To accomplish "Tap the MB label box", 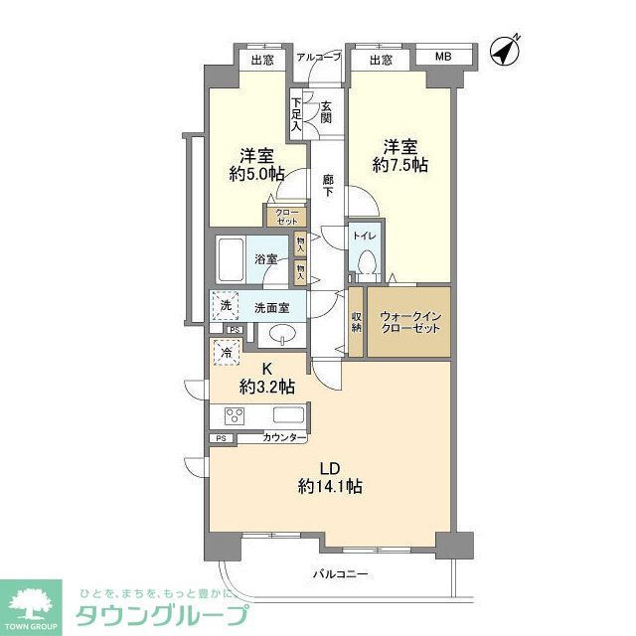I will (x=441, y=59).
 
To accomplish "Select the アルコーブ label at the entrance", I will (x=319, y=58).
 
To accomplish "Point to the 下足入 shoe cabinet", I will (x=296, y=113).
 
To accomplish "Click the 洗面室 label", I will (x=270, y=308).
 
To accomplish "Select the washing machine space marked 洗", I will (x=225, y=305).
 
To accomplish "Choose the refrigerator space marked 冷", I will (x=225, y=352).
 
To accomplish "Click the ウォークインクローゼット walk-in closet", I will (x=408, y=321).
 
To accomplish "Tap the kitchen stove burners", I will (x=236, y=415).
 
